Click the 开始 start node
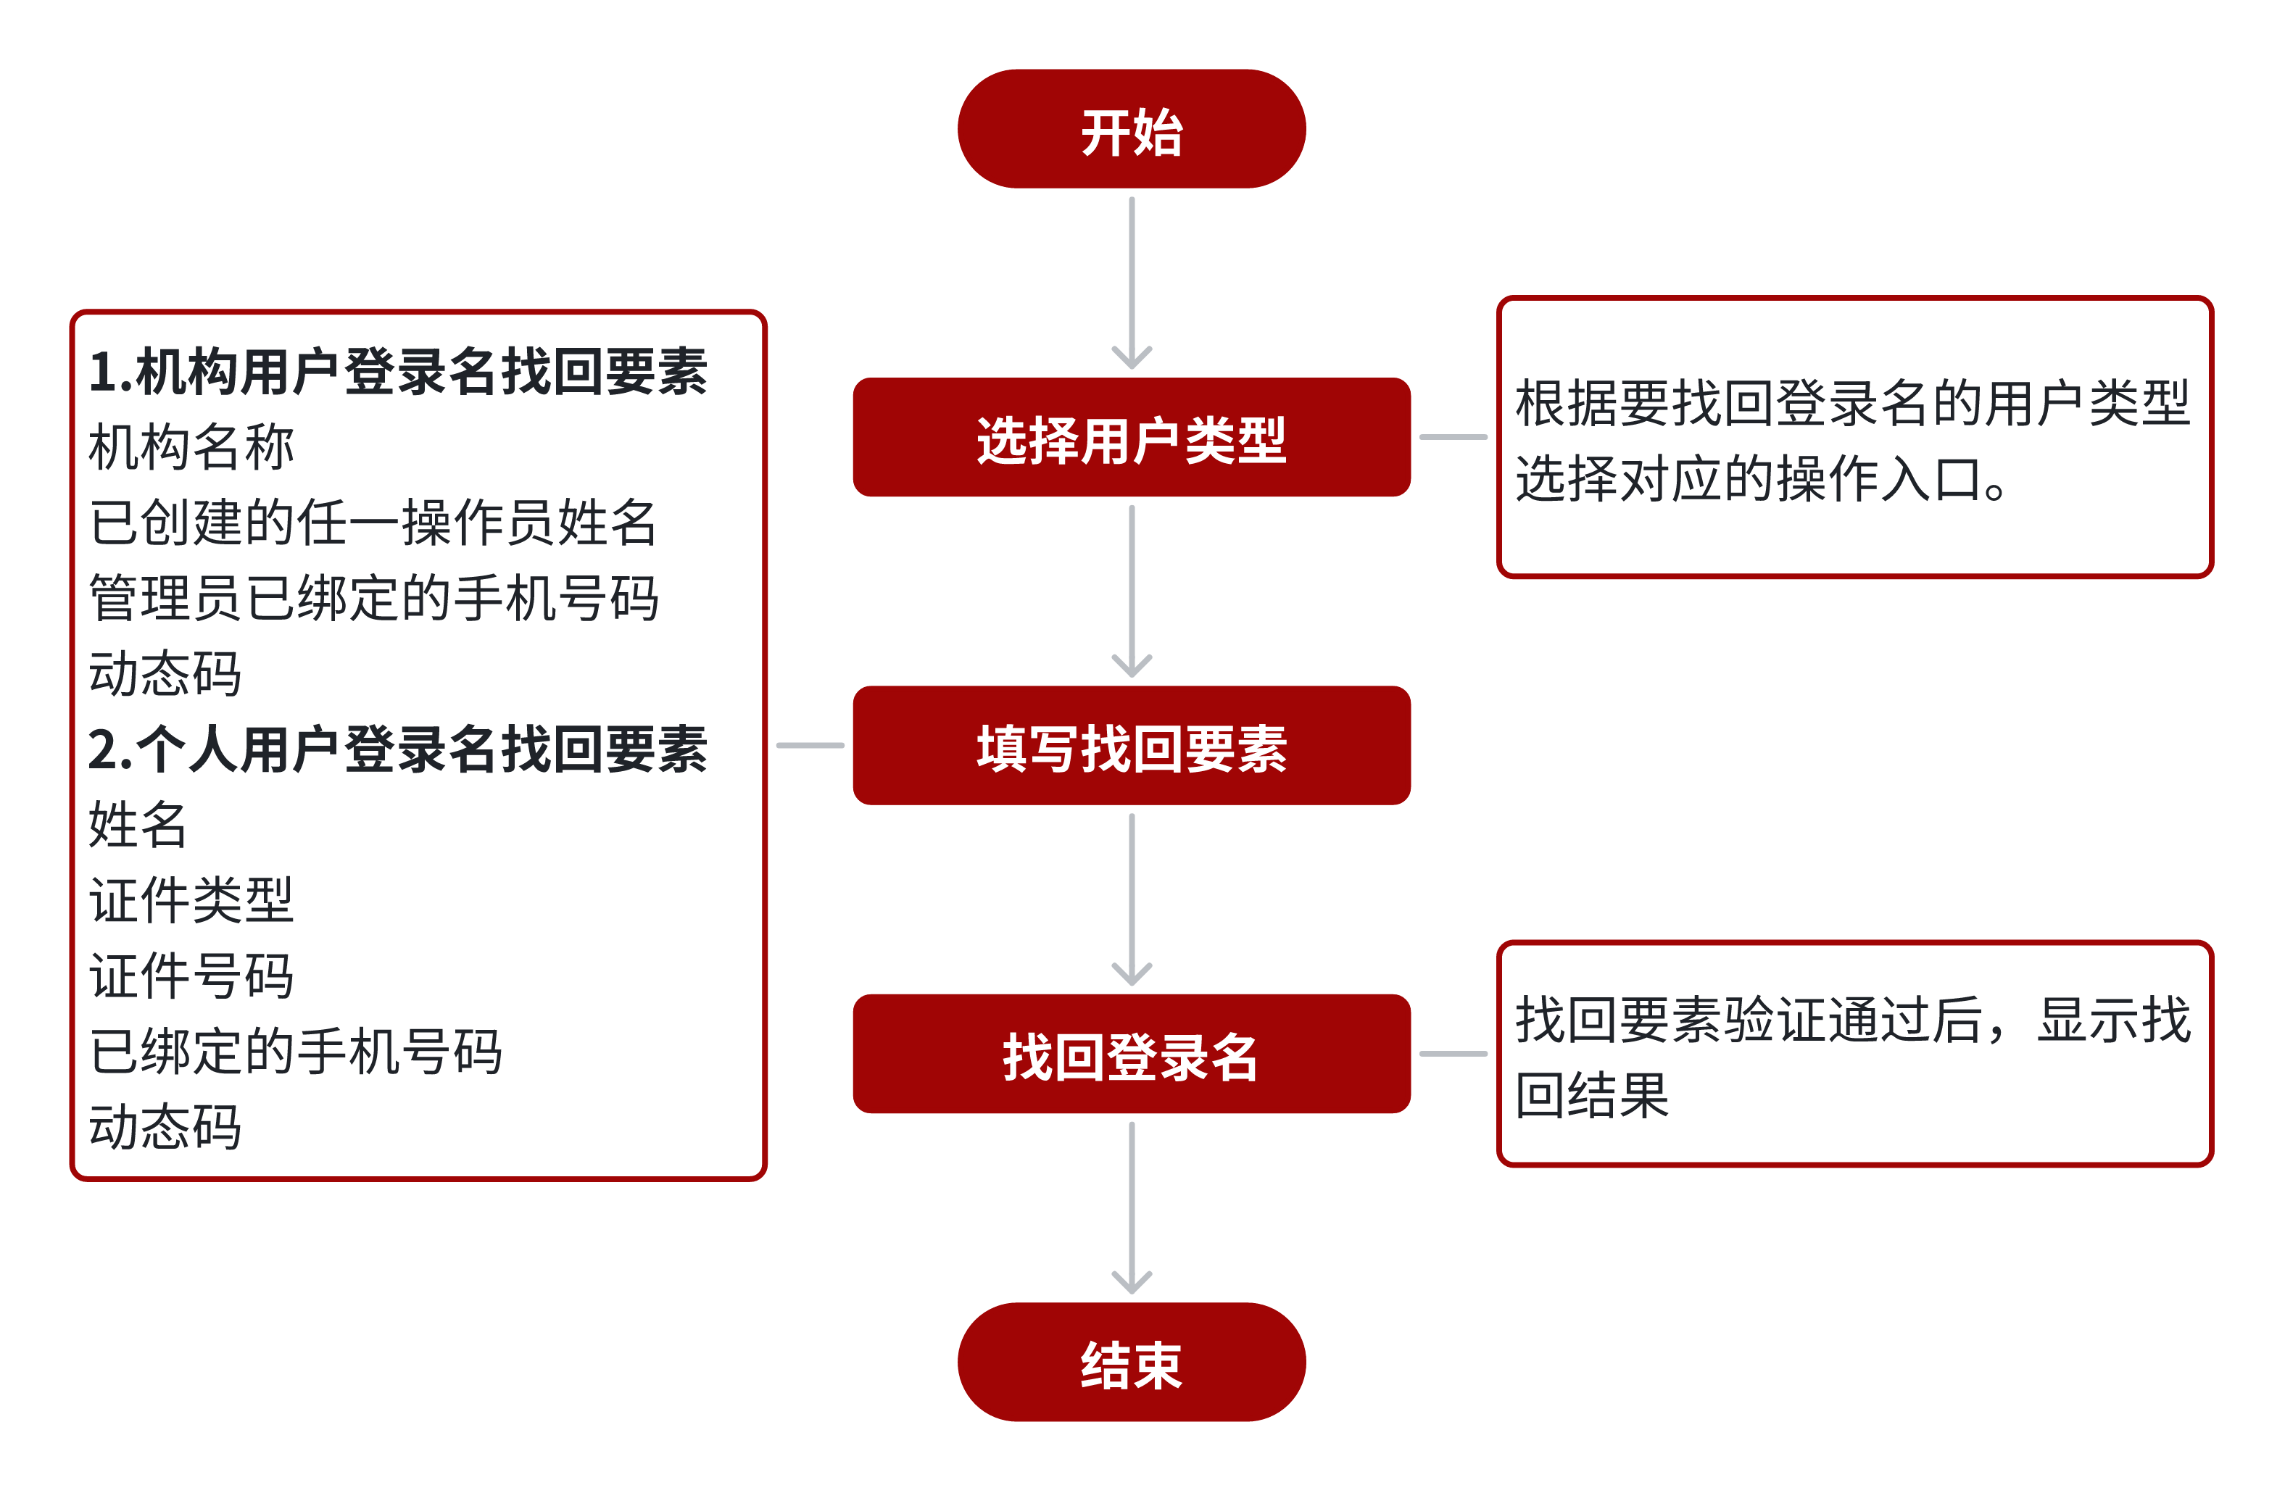[x=1131, y=129]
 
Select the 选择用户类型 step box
[x=1131, y=437]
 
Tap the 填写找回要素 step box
[x=1131, y=745]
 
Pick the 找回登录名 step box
[x=1131, y=1053]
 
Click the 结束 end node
[x=1131, y=1362]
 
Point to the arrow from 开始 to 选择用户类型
[x=1132, y=283]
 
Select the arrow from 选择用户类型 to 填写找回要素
[x=1132, y=591]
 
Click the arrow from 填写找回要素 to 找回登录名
[x=1132, y=899]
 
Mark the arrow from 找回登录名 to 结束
[x=1132, y=1208]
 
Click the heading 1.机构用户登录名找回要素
[x=397, y=372]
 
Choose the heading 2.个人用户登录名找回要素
[x=397, y=749]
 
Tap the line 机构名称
[x=191, y=447]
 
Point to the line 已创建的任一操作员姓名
[x=373, y=523]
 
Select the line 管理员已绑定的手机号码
[x=373, y=598]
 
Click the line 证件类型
[x=191, y=901]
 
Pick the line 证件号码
[x=191, y=976]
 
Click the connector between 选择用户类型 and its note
[x=1453, y=437]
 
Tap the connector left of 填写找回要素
[x=810, y=745]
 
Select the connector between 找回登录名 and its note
[x=1453, y=1053]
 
